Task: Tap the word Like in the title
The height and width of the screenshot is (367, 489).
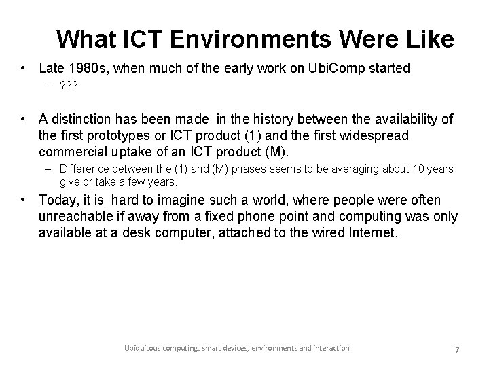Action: (429, 39)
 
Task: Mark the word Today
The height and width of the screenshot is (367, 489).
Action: (57, 200)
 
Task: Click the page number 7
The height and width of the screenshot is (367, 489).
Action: (457, 349)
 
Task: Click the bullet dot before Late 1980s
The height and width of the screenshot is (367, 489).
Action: (24, 69)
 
